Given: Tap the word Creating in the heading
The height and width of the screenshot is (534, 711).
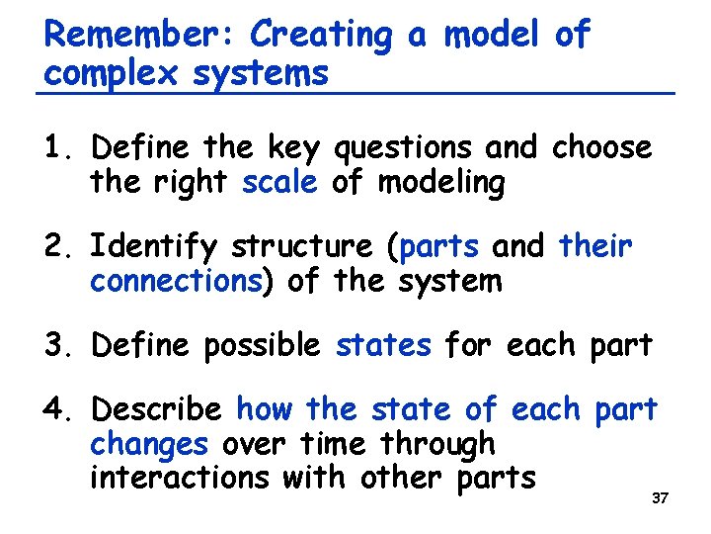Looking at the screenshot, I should point(321,36).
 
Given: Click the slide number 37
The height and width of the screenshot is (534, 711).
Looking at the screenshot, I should point(660,498).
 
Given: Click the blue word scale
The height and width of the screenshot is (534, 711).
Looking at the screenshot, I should point(279,183).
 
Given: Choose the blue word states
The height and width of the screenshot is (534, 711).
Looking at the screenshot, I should point(383,345).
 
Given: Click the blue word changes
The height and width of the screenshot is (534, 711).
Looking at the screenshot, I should point(148,444).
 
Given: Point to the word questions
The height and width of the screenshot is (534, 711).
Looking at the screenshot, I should point(405,149).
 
